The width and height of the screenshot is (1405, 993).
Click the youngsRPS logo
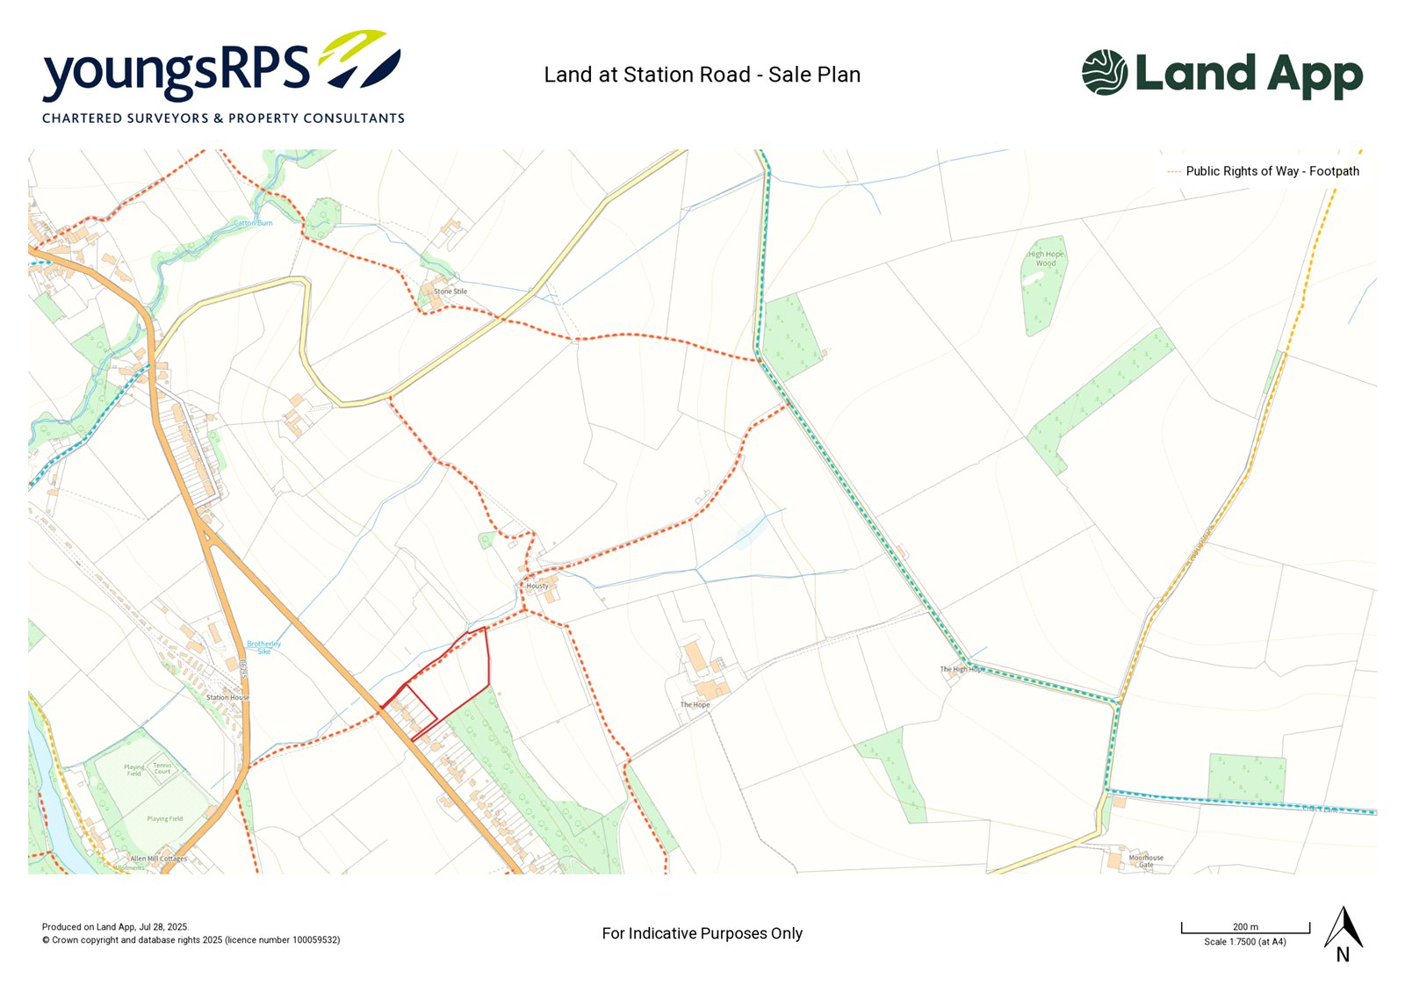click(223, 77)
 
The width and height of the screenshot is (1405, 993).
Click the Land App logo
click(1221, 74)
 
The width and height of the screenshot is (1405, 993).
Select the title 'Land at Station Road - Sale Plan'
click(702, 75)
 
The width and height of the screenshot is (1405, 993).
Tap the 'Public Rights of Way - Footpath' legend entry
click(1272, 171)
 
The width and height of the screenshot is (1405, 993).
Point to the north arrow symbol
click(1343, 931)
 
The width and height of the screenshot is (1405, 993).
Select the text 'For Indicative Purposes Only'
click(702, 933)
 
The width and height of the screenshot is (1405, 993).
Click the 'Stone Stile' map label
click(450, 291)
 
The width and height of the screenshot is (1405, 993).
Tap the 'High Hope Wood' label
click(1046, 258)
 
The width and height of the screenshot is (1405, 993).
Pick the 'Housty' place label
click(537, 586)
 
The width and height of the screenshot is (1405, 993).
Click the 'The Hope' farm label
click(695, 705)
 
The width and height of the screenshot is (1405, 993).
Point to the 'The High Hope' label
click(962, 669)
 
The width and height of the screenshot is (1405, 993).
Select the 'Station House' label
click(227, 697)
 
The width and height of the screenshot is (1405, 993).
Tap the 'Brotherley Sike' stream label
click(263, 647)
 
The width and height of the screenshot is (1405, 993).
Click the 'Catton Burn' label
click(253, 223)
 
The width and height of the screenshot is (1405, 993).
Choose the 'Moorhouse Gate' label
click(1146, 861)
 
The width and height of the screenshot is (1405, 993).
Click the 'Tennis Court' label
click(162, 768)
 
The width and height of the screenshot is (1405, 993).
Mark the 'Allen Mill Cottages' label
click(158, 859)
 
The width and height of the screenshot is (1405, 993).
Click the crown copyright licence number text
click(191, 940)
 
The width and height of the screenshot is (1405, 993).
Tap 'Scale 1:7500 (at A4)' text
click(1244, 942)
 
